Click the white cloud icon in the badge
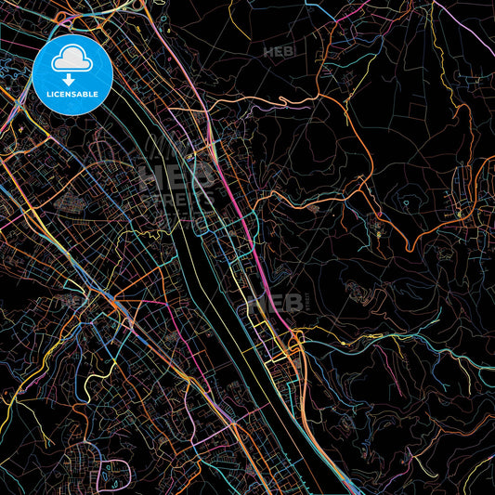[72, 61]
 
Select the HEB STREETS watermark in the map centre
[176, 186]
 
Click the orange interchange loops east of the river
[295, 344]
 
